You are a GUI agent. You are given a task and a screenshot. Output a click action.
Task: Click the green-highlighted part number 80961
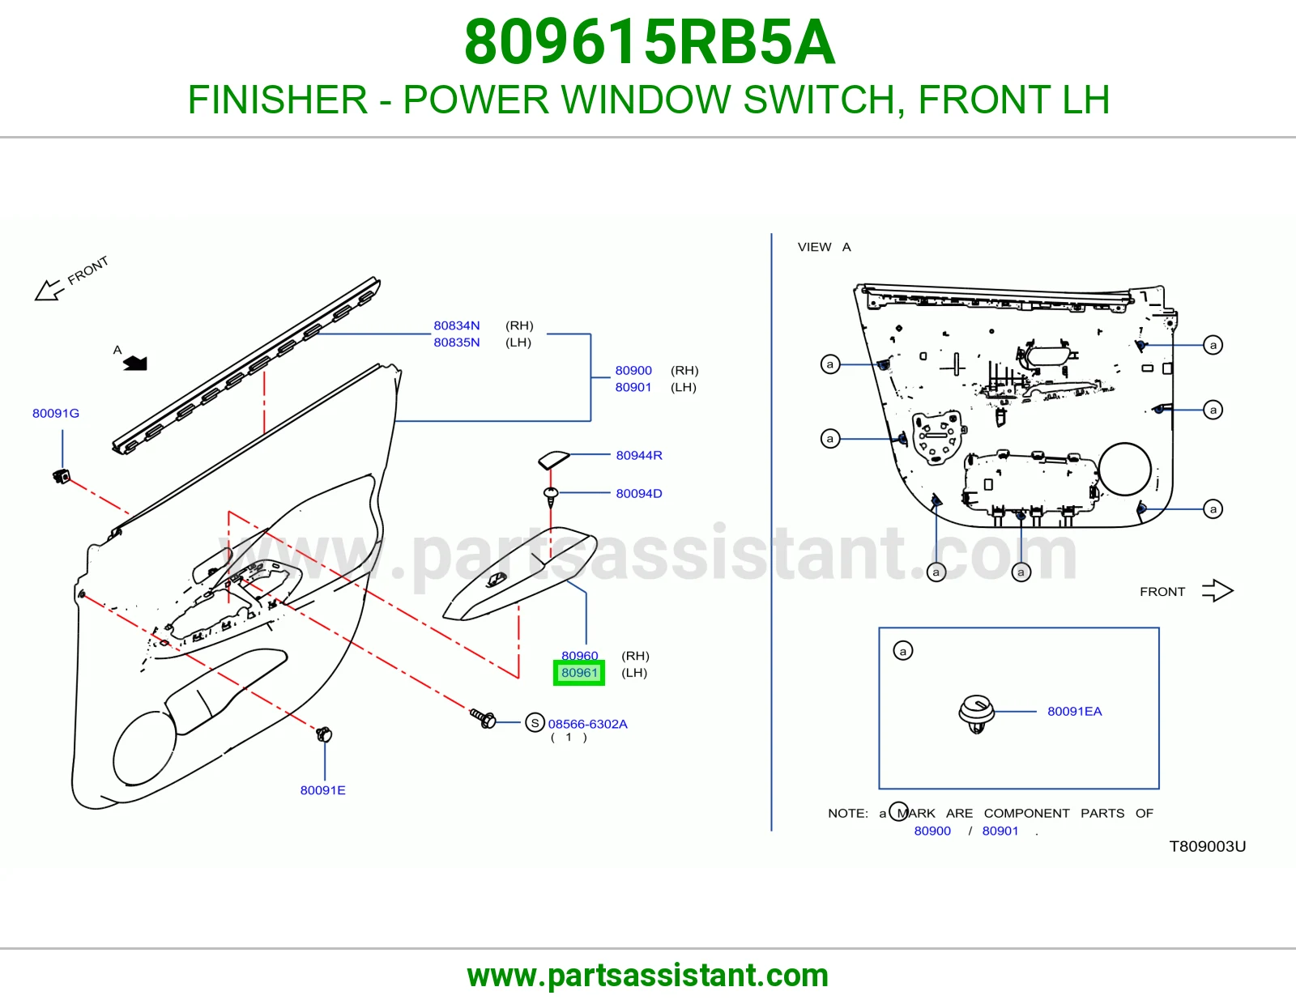(578, 673)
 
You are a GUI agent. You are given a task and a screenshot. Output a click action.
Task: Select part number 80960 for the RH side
(579, 655)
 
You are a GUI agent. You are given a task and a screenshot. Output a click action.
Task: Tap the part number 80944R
(639, 455)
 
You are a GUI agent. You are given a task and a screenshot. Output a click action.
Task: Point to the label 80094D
(639, 493)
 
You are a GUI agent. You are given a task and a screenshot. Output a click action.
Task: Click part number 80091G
(55, 413)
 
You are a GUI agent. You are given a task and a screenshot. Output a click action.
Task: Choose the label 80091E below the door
(322, 790)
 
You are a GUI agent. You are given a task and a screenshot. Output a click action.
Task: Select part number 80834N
(456, 325)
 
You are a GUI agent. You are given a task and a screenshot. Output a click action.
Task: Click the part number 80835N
(456, 342)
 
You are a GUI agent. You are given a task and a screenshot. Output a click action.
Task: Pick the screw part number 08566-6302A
(587, 724)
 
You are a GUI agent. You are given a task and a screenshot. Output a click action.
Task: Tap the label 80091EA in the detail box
(1074, 711)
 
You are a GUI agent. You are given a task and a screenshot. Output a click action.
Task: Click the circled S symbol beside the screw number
(535, 722)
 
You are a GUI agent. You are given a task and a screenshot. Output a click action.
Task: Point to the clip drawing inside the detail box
(976, 713)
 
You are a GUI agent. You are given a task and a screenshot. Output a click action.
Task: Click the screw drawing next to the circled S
(483, 718)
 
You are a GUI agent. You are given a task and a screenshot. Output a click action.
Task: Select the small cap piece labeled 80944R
(553, 460)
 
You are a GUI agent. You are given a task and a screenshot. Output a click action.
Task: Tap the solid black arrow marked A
(135, 363)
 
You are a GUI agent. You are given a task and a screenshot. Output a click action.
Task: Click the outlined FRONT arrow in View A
(1217, 591)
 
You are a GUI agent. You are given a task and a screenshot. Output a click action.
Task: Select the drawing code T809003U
(1207, 846)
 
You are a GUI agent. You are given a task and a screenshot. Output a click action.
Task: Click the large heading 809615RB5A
(650, 42)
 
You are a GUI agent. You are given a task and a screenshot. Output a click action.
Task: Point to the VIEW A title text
(825, 247)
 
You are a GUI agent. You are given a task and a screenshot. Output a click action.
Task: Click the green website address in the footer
(648, 976)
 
